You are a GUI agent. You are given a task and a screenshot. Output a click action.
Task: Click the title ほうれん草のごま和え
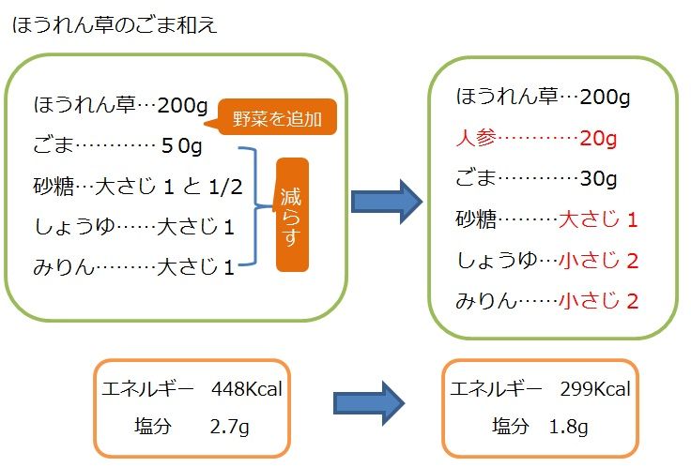coord(115,24)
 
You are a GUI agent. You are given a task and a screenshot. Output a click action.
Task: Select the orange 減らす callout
coord(292,214)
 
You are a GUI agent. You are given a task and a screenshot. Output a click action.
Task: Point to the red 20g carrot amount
coord(597,139)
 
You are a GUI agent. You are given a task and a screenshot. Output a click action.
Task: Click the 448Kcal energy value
coord(247,389)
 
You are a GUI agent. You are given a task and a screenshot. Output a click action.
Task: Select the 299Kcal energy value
coord(595,389)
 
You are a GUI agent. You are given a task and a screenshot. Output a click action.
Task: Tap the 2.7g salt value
coord(230,427)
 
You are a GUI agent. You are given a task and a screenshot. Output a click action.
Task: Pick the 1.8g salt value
coord(569,427)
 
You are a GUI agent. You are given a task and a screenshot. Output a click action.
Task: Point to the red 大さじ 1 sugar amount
coord(598,220)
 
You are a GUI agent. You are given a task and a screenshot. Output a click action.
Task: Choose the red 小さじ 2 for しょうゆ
coord(598,261)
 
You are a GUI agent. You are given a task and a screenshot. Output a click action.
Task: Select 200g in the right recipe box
coord(606,97)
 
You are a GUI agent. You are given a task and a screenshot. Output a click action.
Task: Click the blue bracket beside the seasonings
coord(251,206)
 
